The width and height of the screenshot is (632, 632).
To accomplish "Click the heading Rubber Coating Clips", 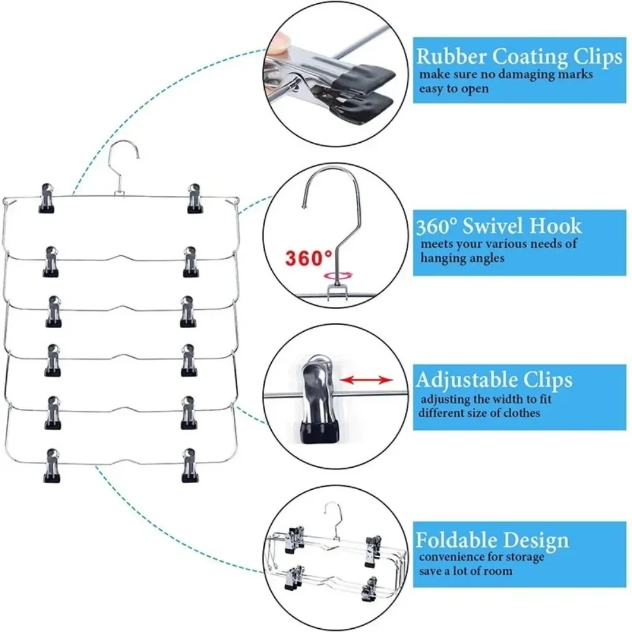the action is coord(519,58).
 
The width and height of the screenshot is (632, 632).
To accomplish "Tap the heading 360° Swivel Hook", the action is coord(499,226).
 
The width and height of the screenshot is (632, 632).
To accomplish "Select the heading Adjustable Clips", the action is coord(494,380).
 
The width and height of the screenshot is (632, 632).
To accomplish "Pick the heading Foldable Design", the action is coord(492,540).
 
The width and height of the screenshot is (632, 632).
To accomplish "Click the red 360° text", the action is coord(308,258).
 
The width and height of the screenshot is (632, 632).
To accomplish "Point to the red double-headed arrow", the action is coord(365,380).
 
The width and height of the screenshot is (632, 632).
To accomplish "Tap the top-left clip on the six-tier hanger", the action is coord(46,198).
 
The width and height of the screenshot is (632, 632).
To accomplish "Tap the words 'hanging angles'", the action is coord(463,258).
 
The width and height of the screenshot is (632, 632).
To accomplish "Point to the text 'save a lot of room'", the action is coord(466,571).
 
